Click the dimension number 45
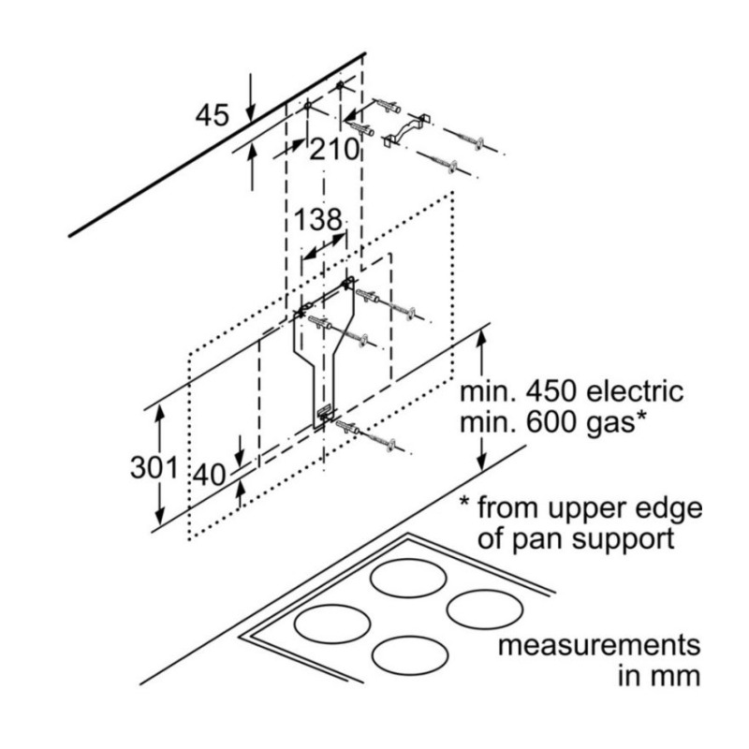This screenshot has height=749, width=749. [213, 115]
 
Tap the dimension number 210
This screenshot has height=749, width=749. [333, 148]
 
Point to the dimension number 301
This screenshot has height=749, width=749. [154, 465]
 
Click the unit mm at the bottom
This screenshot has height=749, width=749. [675, 676]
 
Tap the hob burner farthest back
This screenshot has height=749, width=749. [407, 578]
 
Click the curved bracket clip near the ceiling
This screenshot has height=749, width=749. [405, 131]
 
